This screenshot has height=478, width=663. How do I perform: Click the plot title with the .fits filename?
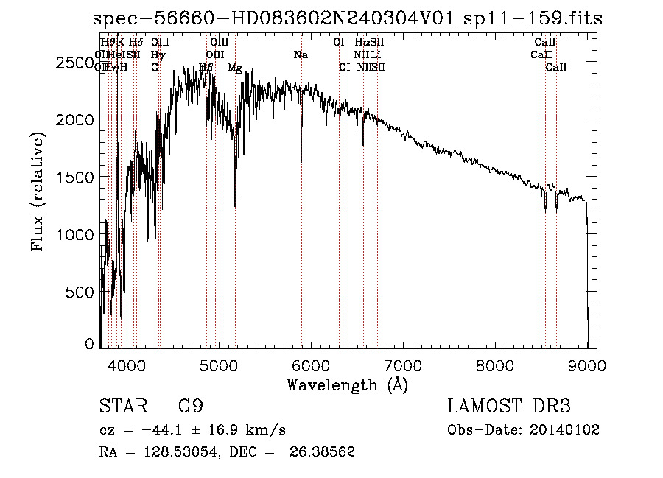click(348, 18)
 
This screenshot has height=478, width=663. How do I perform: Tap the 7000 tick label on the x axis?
click(402, 365)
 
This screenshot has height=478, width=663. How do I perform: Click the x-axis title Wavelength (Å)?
click(347, 384)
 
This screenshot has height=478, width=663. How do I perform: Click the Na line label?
click(301, 55)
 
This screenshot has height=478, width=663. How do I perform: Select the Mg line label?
click(234, 68)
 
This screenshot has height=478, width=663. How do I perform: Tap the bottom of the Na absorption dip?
click(301, 161)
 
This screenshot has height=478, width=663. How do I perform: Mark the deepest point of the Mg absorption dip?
click(235, 206)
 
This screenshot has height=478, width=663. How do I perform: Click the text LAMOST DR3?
click(508, 407)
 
